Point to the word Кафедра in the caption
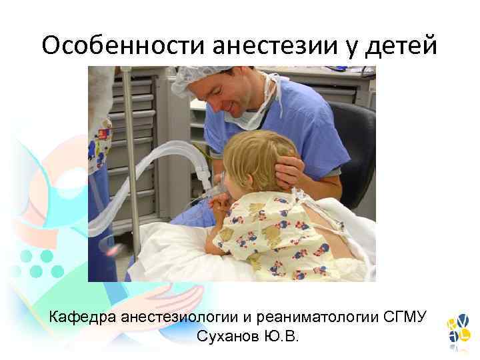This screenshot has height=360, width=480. (83, 315)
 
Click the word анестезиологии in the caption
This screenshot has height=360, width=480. (189, 315)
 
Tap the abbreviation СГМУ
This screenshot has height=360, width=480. (405, 315)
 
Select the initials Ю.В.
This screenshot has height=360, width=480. (282, 335)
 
